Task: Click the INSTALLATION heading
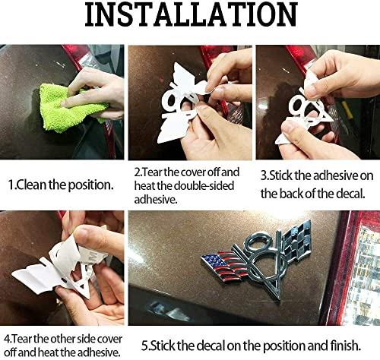(191, 14)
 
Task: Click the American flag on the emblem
(223, 265)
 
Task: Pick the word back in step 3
(290, 194)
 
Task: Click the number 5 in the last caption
(144, 346)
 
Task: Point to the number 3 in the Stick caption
(264, 176)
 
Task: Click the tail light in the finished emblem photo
(359, 268)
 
